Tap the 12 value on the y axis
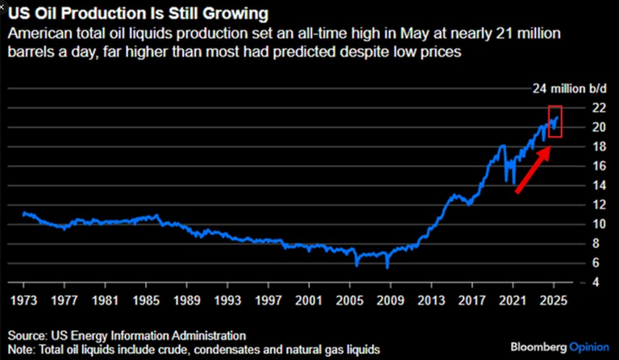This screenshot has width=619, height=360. pyautogui.click(x=599, y=205)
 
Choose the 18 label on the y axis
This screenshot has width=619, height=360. pyautogui.click(x=599, y=147)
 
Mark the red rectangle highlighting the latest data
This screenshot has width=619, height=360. pyautogui.click(x=555, y=121)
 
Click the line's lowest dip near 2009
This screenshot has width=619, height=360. pyautogui.click(x=387, y=266)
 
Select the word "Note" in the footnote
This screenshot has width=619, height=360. pyautogui.click(x=21, y=349)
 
